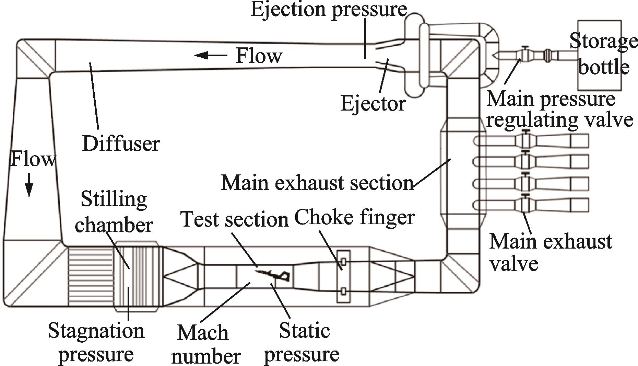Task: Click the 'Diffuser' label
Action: (x=121, y=143)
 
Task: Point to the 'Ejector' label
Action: (x=373, y=103)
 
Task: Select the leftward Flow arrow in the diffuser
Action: (x=210, y=55)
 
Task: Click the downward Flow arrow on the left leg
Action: (x=29, y=185)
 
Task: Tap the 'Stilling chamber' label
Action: (x=114, y=212)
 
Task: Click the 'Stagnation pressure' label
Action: (x=96, y=342)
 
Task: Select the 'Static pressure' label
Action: (x=302, y=342)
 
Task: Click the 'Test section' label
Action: (x=235, y=219)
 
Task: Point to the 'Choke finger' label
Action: (x=355, y=217)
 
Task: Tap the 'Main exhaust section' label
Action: (x=317, y=182)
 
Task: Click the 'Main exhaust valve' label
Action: (x=550, y=252)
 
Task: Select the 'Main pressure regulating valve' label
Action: (x=560, y=109)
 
